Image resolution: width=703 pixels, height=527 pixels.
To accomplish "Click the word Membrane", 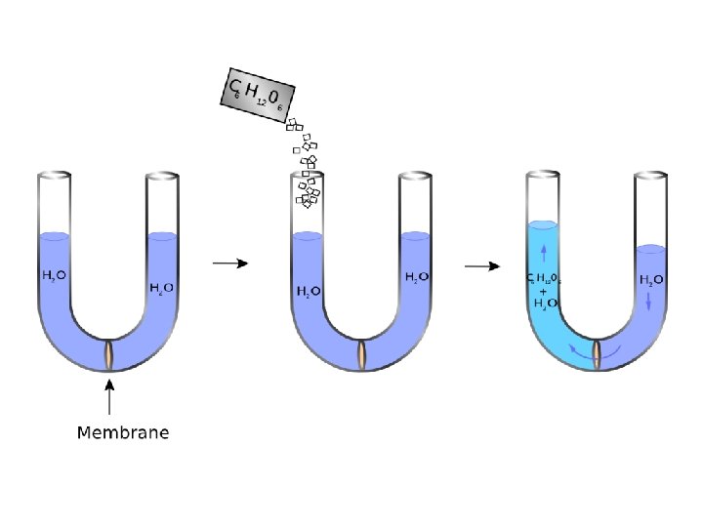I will tap(123, 432).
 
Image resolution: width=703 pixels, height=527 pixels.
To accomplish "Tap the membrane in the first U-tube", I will tap(109, 354).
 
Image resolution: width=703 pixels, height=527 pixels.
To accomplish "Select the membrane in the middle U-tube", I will tap(362, 354).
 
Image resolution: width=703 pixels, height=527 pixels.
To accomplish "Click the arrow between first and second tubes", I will tap(229, 263).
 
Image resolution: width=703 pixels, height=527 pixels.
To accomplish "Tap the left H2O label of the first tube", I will tap(54, 276).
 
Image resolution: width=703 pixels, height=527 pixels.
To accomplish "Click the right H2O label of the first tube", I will tap(162, 287).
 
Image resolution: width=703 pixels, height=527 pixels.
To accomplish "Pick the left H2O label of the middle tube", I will tap(308, 291).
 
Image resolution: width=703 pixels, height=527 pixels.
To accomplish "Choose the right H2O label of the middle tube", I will tap(417, 278).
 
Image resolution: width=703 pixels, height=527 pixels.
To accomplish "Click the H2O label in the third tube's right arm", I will tap(652, 280).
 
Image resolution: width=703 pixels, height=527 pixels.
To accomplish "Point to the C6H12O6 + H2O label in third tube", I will tap(543, 290).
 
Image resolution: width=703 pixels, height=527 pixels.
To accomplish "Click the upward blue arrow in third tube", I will tap(544, 255).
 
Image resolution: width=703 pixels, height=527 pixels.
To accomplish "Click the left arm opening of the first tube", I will tap(55, 176).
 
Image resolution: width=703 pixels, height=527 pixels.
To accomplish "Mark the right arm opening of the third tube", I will tap(652, 176).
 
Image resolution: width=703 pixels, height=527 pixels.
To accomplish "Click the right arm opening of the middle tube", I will tap(417, 176).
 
